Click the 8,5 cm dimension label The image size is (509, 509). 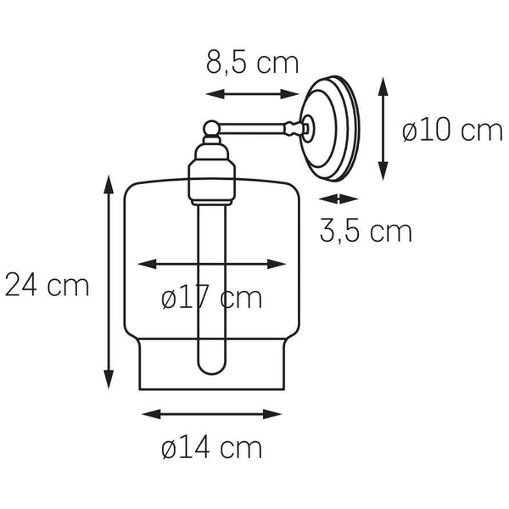click(x=252, y=64)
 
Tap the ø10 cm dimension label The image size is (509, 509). click(x=452, y=131)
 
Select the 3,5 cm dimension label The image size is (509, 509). click(x=366, y=231)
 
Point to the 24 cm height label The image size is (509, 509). click(x=47, y=285)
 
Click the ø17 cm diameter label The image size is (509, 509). click(x=211, y=298)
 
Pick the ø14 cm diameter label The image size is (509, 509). click(x=211, y=448)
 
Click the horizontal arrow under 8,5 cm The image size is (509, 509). click(x=252, y=94)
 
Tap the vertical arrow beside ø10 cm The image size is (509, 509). click(x=383, y=129)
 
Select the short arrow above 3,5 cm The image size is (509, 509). click(x=338, y=199)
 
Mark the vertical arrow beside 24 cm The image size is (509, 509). click(x=109, y=282)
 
